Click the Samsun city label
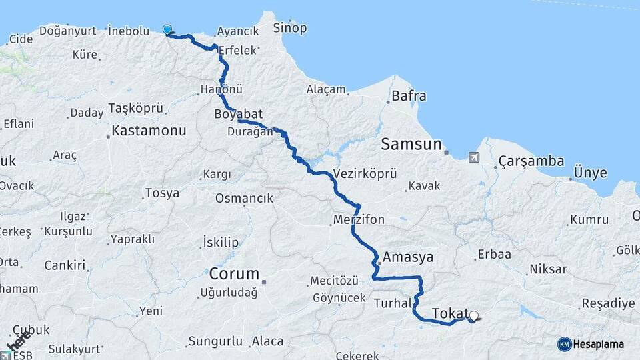[x=411, y=144]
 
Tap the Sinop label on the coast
[x=291, y=28]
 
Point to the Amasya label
[x=408, y=257]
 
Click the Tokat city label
[x=449, y=313]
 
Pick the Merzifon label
[x=360, y=219]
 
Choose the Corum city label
[x=234, y=274]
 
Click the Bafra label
[x=409, y=96]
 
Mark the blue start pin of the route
[x=167, y=29]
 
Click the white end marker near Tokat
[x=473, y=316]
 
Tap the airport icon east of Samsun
[x=474, y=157]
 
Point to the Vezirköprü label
[x=364, y=173]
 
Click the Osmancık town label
[x=244, y=198]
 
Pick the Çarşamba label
[x=531, y=161]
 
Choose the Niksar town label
[x=548, y=269]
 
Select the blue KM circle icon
[x=564, y=344]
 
